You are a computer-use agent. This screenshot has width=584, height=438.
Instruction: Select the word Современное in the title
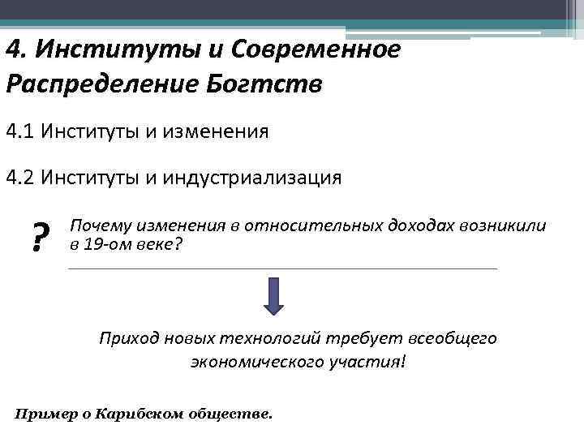(316, 50)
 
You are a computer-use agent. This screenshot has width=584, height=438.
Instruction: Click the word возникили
(504, 225)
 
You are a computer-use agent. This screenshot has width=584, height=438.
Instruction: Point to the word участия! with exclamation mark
(369, 361)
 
